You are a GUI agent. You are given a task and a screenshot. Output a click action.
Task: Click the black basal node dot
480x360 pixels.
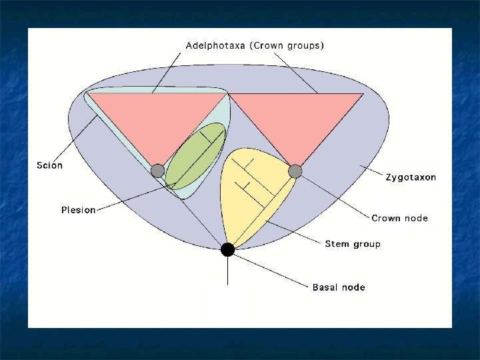[228, 249]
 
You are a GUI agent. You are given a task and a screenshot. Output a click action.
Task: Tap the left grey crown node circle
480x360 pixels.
[157, 171]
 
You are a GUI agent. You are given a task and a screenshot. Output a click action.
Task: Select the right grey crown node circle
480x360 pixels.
[295, 171]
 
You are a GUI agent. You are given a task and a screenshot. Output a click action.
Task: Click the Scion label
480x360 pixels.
[49, 165]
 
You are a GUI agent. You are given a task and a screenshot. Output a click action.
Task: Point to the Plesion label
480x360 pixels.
[79, 210]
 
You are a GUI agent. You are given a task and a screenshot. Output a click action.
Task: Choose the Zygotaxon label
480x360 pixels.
[411, 178]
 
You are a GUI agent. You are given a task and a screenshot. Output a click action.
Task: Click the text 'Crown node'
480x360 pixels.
[400, 218]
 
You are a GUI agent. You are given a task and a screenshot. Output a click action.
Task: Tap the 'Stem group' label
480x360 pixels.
[353, 244]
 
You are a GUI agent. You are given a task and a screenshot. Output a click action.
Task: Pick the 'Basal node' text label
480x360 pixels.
[339, 287]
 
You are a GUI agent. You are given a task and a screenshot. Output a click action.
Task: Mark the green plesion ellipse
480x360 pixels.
[195, 155]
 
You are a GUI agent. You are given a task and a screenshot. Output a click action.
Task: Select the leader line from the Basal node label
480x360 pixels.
[273, 270]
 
